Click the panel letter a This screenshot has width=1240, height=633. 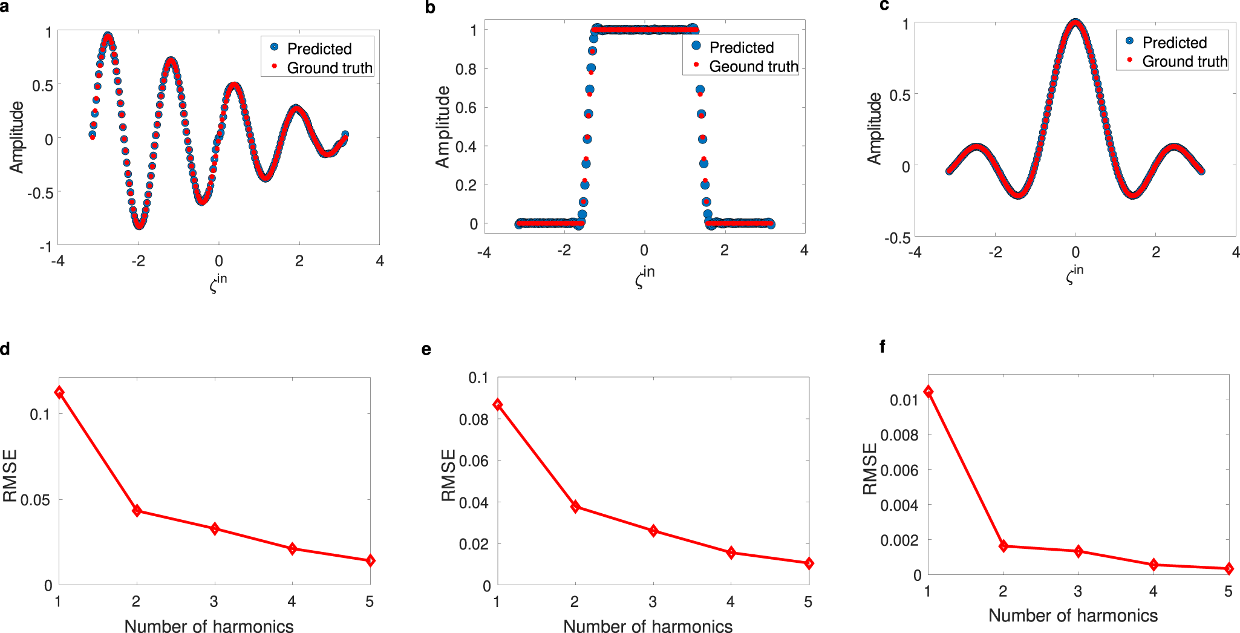point(4,8)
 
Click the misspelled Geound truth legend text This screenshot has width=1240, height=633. point(753,67)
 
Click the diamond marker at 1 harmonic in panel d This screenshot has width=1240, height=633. point(59,393)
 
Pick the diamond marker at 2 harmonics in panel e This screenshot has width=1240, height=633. point(575,507)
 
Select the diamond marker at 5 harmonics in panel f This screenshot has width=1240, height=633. point(1229,569)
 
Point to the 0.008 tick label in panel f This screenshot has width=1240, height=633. point(899,435)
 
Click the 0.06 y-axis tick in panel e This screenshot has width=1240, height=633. point(473,461)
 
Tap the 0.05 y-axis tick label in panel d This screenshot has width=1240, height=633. point(36,500)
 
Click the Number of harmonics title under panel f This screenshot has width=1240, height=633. point(1072,615)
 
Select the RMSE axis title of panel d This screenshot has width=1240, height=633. point(10,476)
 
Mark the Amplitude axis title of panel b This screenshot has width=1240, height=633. point(443,126)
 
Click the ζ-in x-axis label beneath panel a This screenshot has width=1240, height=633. point(218,283)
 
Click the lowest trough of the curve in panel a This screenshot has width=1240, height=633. point(139,225)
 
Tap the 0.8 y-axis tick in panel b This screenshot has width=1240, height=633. point(466,69)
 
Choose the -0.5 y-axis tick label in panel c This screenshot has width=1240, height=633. point(897,238)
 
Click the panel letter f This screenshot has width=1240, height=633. point(883,347)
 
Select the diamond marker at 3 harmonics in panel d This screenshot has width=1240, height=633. point(214,529)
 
